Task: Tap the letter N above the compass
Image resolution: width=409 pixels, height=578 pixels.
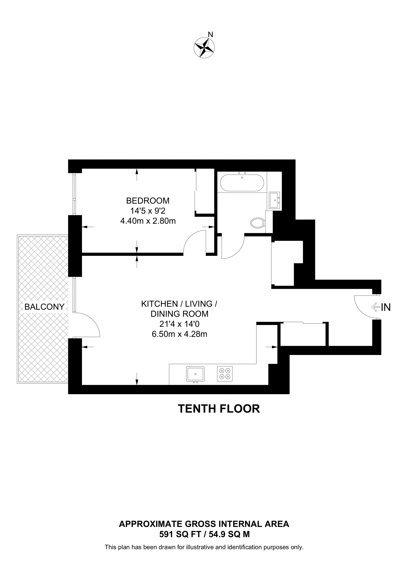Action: point(211,34)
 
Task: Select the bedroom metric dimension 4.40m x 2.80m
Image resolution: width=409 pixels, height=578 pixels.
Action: point(148,221)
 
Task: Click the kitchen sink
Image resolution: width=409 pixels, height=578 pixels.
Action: point(195,374)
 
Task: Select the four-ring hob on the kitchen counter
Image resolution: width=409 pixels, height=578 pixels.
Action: point(225,374)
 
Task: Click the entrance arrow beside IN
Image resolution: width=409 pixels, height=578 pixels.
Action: point(376,307)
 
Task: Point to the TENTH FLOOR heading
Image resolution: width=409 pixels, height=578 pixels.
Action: point(219,409)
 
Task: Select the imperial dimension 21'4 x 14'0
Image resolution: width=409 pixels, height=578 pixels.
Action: point(179,324)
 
